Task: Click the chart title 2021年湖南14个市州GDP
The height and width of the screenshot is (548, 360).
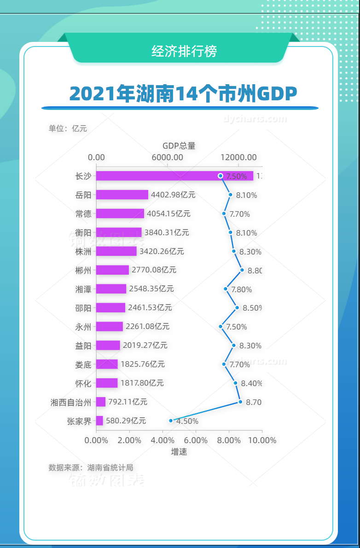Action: click(183, 94)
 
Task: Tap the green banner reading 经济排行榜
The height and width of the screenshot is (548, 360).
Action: click(184, 51)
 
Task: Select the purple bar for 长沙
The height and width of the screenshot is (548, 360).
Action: click(174, 176)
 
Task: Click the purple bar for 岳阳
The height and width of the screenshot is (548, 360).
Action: click(122, 195)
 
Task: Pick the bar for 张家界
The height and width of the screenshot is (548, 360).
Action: click(99, 421)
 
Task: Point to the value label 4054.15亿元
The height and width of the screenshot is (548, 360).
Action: click(168, 213)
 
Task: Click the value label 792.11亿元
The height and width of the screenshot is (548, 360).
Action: click(128, 402)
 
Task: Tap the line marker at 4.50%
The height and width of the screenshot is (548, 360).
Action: click(171, 420)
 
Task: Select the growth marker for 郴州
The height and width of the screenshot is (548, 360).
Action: click(242, 270)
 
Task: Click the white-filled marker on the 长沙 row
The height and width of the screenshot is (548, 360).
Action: click(221, 176)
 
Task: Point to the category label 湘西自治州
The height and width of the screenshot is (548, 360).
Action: click(71, 402)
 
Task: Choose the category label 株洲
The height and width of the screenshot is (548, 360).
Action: click(83, 252)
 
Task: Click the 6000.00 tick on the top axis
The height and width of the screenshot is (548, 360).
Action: click(168, 157)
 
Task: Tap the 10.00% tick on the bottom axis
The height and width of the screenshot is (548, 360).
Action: click(262, 440)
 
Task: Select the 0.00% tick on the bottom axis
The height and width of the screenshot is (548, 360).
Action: click(96, 440)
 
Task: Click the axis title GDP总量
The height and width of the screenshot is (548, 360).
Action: click(179, 146)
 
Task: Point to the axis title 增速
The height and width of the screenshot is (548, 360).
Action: click(179, 452)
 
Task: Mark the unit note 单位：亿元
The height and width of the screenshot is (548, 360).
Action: click(68, 128)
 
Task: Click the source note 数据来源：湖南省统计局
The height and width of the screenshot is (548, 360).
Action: click(91, 467)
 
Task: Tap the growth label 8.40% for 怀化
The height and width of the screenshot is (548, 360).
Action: click(251, 383)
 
